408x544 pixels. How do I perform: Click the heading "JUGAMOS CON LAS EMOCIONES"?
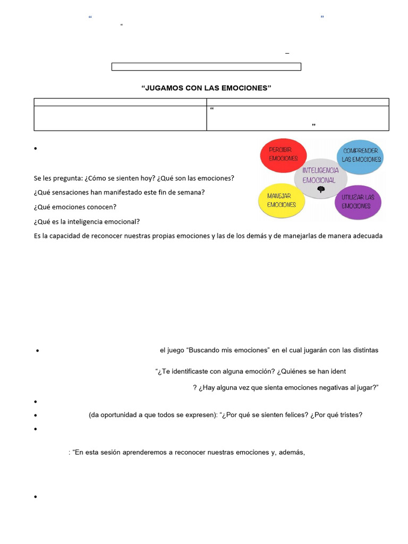tap(206, 88)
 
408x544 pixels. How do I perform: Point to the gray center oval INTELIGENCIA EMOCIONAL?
tap(320, 175)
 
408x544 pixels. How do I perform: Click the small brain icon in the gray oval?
tap(320, 190)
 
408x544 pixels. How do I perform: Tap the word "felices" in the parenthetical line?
tap(293, 415)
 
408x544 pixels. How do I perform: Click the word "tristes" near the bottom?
tap(350, 415)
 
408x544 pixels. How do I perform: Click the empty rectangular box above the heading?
tap(206, 67)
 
